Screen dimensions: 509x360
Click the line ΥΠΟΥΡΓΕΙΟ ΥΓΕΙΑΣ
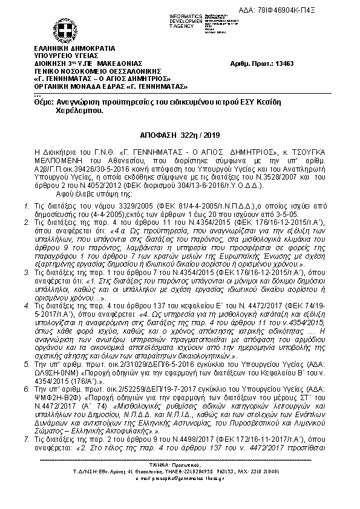(x=67, y=56)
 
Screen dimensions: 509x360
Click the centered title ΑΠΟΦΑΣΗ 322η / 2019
(x=180, y=137)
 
